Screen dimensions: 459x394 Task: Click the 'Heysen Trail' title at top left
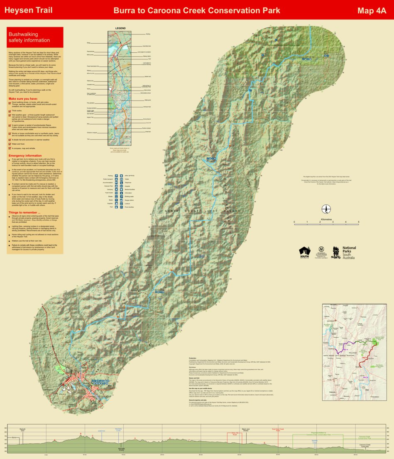point(28,10)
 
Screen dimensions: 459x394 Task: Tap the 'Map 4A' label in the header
point(372,10)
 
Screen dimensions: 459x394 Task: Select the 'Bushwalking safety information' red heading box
point(35,37)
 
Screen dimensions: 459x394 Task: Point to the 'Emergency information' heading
point(25,155)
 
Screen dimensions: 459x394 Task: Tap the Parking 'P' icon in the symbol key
point(116,176)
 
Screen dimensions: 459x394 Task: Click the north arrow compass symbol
point(327,209)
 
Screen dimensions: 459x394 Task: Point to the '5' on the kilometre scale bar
point(358,222)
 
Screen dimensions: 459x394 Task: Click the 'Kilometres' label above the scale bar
point(326,219)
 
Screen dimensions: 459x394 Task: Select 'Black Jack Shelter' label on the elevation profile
point(245,430)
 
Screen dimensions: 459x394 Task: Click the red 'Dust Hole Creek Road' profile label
point(278,430)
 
